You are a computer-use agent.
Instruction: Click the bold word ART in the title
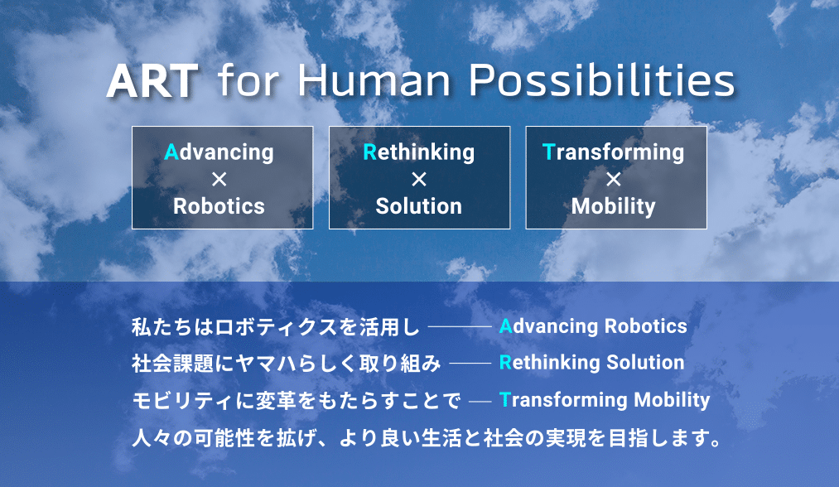coord(152,81)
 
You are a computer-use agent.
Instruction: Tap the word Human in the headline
coord(374,81)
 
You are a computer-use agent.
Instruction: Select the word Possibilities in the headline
coord(602,81)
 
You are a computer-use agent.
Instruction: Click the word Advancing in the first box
coord(219,152)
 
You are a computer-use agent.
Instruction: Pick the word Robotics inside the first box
coord(219,206)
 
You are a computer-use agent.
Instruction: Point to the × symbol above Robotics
coord(219,179)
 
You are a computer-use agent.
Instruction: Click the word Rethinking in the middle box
coord(419,152)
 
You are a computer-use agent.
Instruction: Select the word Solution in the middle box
coord(419,206)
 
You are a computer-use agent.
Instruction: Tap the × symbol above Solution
coord(419,179)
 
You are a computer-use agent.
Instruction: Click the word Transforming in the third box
coord(613,152)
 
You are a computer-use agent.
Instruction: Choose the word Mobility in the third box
coord(613,206)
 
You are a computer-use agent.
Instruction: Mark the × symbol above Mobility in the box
coord(614,179)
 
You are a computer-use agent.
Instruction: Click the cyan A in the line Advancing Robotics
coord(506,326)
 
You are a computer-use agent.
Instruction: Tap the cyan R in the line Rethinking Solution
coord(505,362)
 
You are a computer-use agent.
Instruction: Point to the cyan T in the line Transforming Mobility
coord(504,399)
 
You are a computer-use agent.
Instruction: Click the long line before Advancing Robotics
coord(460,326)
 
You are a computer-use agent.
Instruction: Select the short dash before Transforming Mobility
coord(480,400)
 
